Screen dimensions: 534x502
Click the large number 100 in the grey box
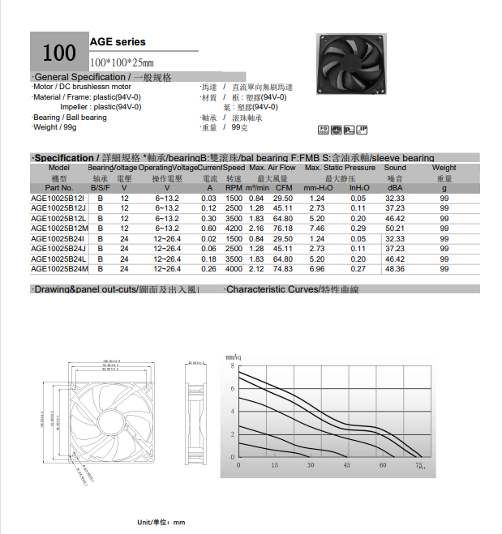point(59,53)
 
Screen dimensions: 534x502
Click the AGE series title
point(118,41)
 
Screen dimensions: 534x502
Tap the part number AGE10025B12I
point(58,199)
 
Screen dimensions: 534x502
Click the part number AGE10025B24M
point(58,268)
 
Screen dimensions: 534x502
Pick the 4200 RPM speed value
point(234,229)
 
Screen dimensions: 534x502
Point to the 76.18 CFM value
point(283,229)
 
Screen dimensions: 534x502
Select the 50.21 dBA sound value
point(395,229)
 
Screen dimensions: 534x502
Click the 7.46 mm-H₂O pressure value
point(317,229)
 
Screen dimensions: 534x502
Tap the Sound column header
point(395,168)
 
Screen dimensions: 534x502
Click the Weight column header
point(444,168)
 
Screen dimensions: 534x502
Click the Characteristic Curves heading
point(291,289)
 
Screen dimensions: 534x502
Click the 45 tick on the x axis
point(346,465)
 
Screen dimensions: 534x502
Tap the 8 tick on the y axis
point(232,366)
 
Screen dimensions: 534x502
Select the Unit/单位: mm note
point(161,523)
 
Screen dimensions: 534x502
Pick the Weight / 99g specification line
point(55,127)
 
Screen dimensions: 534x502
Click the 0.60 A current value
point(208,229)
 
